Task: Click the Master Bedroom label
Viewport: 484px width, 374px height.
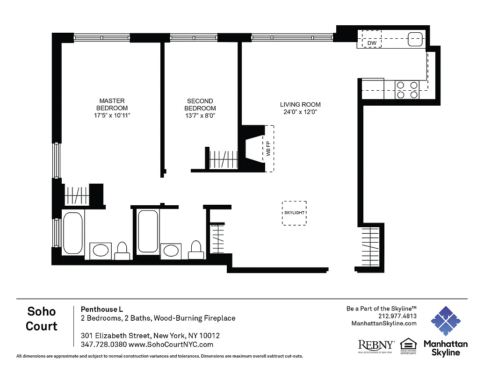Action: point(112,104)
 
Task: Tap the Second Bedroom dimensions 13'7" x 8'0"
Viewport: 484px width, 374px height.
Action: point(200,115)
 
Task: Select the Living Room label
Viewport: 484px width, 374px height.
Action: point(300,104)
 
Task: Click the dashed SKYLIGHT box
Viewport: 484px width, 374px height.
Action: point(294,213)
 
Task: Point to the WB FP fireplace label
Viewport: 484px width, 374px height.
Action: point(268,149)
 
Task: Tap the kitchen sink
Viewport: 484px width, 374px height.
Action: point(415,40)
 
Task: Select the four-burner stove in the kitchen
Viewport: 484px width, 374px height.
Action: point(407,90)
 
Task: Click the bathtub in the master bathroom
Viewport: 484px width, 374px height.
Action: point(72,233)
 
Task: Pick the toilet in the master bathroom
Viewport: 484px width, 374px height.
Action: point(122,251)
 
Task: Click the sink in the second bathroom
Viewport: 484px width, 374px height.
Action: point(170,251)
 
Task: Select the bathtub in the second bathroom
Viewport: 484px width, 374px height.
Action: point(148,232)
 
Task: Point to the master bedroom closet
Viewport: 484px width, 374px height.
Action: point(76,194)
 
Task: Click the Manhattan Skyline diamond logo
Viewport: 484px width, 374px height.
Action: point(445,321)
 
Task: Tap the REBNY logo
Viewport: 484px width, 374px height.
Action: point(376,346)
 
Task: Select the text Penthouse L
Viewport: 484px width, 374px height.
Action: point(102,309)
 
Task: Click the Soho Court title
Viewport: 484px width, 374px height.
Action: point(42,318)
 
